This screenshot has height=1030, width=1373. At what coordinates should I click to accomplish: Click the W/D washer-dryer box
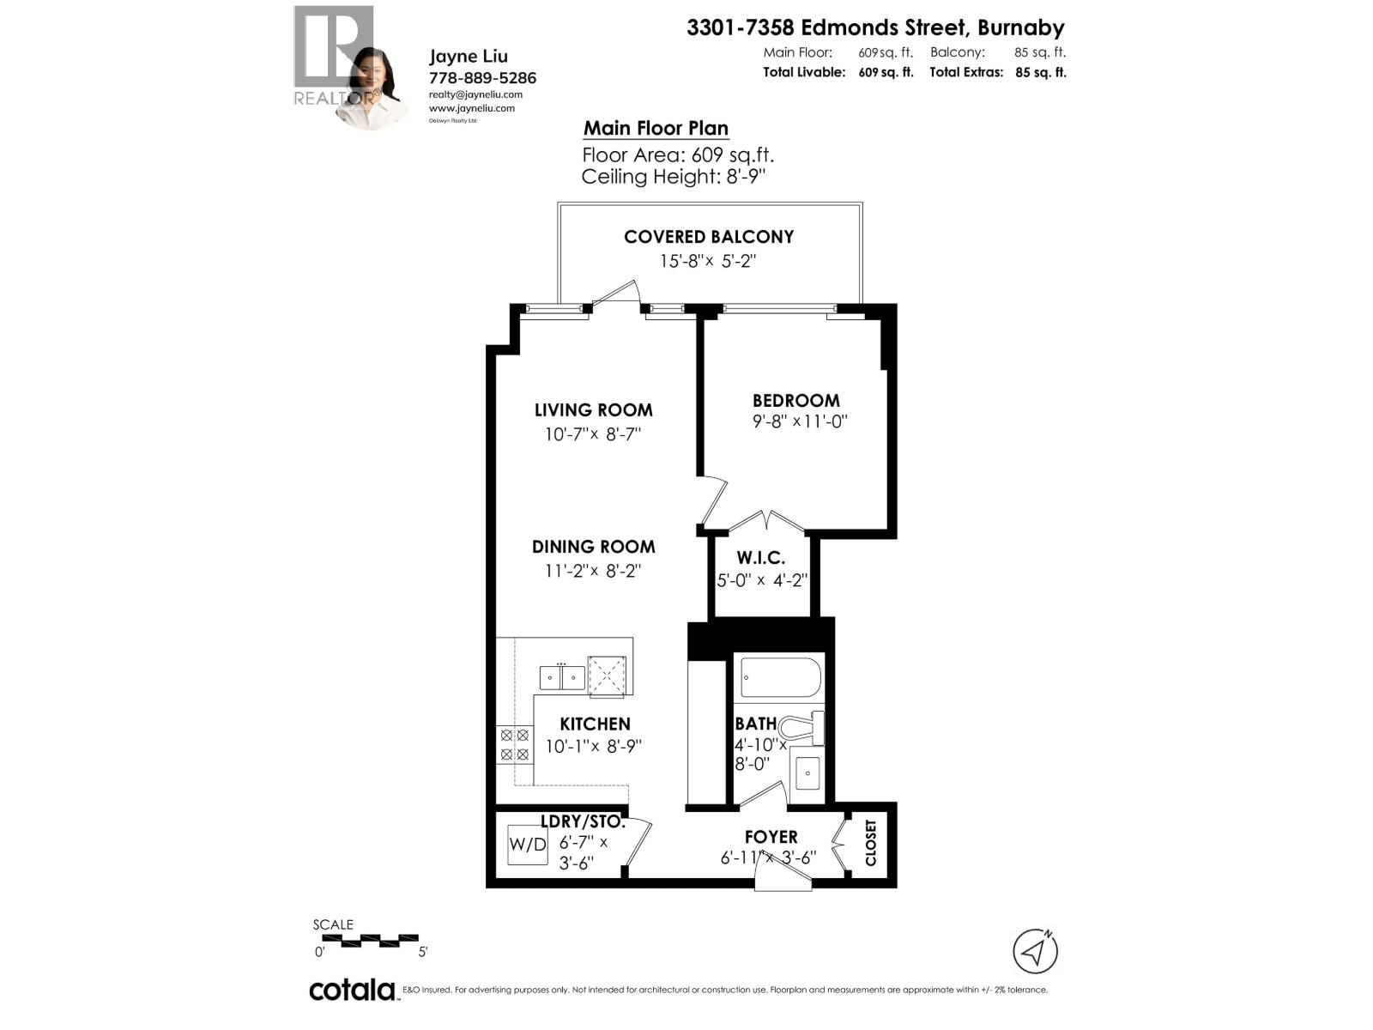(x=527, y=844)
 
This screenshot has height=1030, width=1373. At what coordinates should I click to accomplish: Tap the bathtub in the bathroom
(x=780, y=678)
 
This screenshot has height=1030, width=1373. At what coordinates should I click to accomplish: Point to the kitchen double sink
(x=562, y=677)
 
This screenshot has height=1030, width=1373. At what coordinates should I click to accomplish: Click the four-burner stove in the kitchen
(x=514, y=744)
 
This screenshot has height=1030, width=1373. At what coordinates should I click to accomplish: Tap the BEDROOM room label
(x=795, y=400)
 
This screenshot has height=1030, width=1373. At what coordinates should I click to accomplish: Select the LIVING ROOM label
(x=593, y=410)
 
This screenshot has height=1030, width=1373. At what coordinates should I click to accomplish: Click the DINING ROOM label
(x=593, y=547)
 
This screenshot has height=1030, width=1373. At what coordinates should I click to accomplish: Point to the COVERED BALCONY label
(x=709, y=237)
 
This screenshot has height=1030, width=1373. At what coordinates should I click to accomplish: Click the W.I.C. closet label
(x=760, y=558)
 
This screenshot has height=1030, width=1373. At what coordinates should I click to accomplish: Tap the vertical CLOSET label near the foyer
(x=871, y=842)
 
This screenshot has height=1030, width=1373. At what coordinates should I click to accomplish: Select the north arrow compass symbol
(x=1035, y=950)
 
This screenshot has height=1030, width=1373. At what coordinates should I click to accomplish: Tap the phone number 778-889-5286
(x=482, y=78)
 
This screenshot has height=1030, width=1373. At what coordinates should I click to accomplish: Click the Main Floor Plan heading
(x=656, y=129)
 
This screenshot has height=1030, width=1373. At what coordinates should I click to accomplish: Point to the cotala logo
(x=352, y=990)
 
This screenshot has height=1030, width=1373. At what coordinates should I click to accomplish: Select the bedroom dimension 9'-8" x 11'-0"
(x=800, y=421)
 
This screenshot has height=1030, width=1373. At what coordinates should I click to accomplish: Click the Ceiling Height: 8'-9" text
(x=673, y=177)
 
